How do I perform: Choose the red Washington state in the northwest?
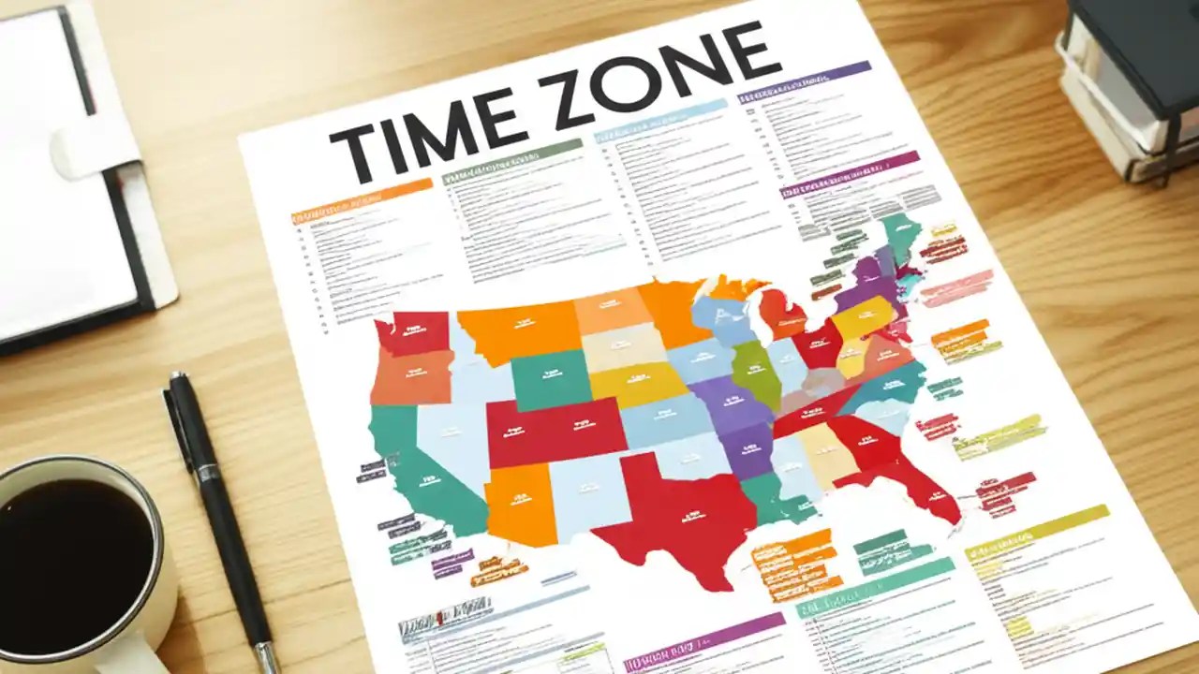tap(412, 332)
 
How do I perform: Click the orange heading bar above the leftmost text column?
tap(362, 199)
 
